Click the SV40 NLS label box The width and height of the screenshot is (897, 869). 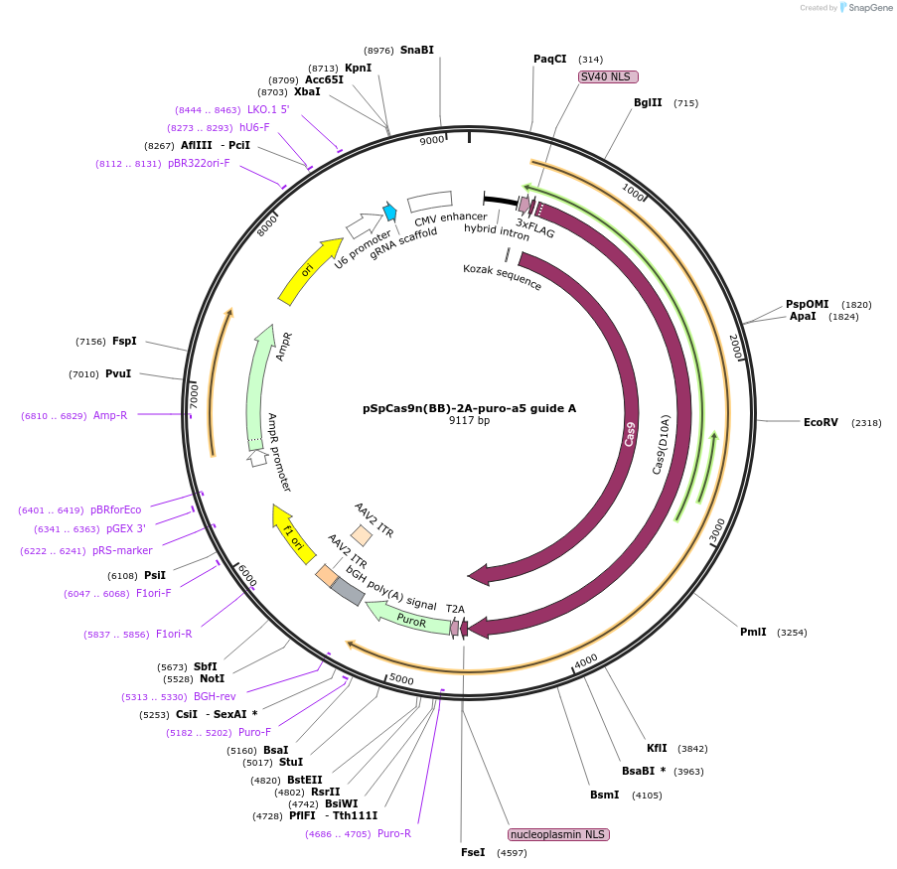(x=608, y=76)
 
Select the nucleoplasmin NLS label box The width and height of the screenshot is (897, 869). (x=558, y=834)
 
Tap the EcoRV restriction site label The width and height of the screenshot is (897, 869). (x=821, y=422)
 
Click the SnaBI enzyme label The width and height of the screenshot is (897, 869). (x=417, y=50)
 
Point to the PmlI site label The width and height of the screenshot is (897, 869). (x=753, y=632)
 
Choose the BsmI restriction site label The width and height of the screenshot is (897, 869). (x=604, y=795)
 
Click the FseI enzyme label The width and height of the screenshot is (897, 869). (x=473, y=852)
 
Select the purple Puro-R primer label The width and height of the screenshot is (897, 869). (x=394, y=833)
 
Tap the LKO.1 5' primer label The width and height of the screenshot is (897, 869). (x=268, y=109)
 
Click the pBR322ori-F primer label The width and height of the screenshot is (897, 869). (x=199, y=163)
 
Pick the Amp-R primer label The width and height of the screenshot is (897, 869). (x=110, y=415)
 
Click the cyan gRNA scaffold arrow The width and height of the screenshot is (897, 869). (x=390, y=211)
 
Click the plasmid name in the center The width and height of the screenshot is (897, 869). (x=469, y=408)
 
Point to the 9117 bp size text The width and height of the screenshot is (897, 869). (x=469, y=421)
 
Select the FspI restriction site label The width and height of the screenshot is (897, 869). (x=124, y=341)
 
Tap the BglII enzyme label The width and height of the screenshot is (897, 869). (x=648, y=102)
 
